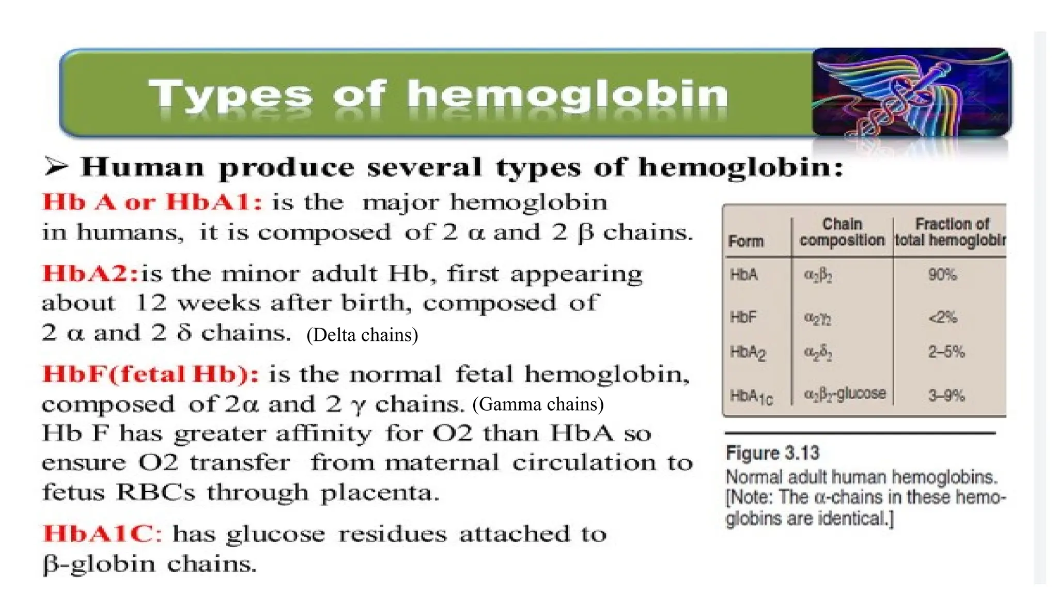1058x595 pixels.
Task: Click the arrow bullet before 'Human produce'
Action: click(56, 166)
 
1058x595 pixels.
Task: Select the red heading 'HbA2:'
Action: click(90, 273)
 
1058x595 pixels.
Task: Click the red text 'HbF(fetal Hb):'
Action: click(150, 373)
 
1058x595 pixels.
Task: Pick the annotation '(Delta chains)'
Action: click(362, 335)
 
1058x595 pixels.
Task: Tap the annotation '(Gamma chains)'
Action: click(538, 404)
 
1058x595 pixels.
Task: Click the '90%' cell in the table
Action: click(942, 274)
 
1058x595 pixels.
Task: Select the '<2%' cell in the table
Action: click(942, 317)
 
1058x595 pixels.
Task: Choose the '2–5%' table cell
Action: click(946, 352)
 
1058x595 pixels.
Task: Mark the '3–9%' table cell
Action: click(946, 396)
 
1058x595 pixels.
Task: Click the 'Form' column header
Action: click(745, 241)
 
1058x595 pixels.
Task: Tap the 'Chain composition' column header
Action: click(842, 232)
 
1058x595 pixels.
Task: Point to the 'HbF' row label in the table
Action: click(743, 317)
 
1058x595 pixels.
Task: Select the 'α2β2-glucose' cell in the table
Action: click(844, 394)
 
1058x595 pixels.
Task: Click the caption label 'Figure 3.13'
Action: click(772, 453)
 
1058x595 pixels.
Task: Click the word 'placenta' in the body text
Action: click(379, 493)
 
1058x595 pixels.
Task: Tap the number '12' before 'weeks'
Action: click(151, 303)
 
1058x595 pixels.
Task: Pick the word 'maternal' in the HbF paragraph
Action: click(442, 463)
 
